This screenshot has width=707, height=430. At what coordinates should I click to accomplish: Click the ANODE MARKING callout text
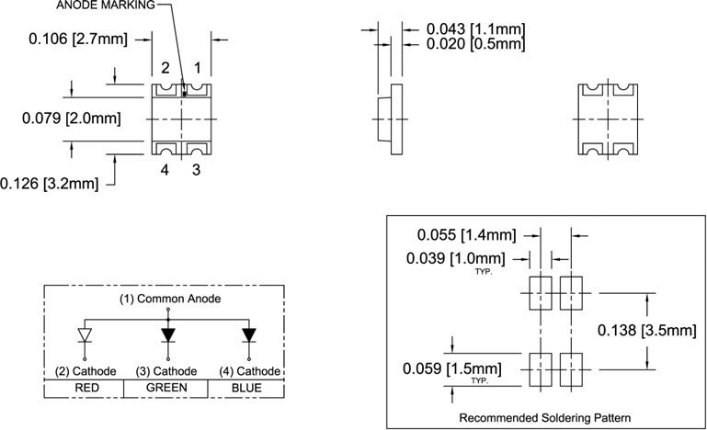pos(106,6)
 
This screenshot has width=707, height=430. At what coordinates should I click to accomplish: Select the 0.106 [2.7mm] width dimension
pos(78,39)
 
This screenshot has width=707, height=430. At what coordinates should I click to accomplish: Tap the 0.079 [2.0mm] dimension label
pos(72,119)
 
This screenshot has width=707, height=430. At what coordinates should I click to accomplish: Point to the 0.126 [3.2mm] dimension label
pos(49,184)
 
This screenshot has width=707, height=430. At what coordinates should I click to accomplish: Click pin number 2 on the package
pos(165,68)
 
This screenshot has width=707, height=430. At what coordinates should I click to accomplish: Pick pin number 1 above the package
pos(197,68)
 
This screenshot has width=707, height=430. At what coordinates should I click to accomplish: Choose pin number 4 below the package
pos(165,170)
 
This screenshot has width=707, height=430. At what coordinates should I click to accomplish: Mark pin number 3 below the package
pos(196,170)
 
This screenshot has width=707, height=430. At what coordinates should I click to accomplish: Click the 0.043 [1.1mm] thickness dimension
pos(475,29)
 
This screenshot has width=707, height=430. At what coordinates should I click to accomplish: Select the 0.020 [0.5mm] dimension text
pos(475,44)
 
